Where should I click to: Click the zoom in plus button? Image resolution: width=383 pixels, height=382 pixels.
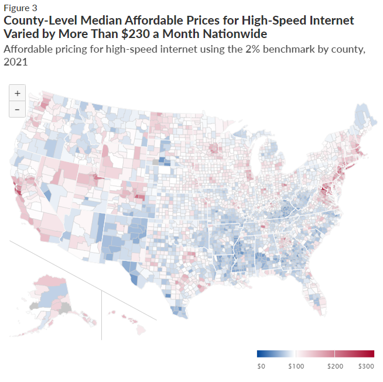click(17, 93)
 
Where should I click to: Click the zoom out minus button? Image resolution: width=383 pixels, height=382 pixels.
click(17, 109)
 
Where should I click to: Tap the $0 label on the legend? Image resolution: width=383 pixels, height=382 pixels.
click(261, 366)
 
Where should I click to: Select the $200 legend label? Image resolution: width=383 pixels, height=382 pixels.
click(335, 366)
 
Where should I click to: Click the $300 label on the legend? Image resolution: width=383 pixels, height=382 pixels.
click(366, 366)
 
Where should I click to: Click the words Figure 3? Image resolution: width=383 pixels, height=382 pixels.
click(20, 8)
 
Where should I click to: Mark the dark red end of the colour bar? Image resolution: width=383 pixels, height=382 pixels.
click(371, 354)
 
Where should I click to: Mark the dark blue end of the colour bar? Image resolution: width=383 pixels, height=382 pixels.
click(260, 354)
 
